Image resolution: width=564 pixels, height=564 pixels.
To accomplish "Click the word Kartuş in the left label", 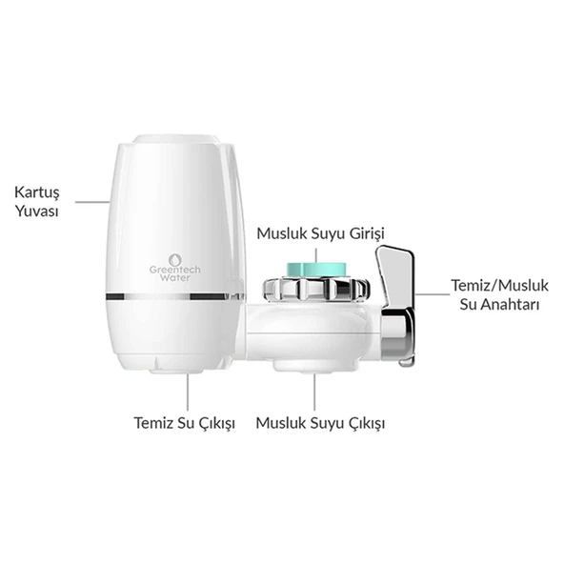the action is [37, 192].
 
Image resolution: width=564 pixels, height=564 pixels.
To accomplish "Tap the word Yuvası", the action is [37, 211].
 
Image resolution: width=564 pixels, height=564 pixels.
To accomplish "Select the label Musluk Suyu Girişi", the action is [320, 233].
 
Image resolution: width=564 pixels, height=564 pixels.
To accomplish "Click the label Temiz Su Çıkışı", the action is [185, 423].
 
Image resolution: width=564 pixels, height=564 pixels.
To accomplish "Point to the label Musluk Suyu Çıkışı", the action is [320, 423].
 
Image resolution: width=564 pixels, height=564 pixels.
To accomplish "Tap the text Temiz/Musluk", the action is [500, 286].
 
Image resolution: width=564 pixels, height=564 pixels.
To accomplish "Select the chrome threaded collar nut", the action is [316, 289].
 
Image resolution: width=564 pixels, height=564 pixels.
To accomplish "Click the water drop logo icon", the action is [174, 260].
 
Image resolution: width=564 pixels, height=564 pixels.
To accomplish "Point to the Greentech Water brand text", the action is [175, 273].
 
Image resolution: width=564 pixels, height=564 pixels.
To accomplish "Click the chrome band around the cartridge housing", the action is [175, 296].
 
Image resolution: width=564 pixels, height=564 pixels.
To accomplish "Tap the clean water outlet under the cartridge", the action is [176, 371].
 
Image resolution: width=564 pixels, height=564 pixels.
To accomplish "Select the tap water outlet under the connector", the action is [315, 366].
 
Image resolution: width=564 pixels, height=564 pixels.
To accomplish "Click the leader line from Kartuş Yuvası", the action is [92, 202].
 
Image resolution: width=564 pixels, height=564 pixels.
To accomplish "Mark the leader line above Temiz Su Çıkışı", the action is [188, 393].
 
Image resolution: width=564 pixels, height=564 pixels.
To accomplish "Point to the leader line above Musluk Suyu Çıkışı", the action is [314, 393].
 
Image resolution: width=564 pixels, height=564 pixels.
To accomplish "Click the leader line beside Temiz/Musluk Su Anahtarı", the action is [433, 294].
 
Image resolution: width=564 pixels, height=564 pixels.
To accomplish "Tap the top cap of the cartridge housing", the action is [176, 139].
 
